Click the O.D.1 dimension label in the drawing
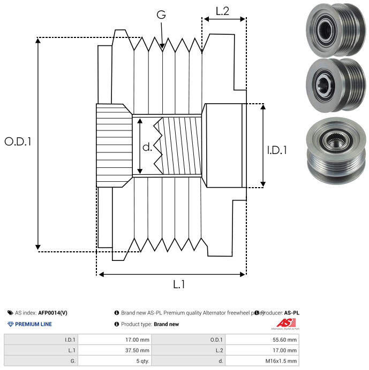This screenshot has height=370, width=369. tap(18, 142)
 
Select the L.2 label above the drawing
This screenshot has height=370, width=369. tap(222, 10)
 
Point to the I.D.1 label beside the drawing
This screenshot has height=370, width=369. tap(277, 151)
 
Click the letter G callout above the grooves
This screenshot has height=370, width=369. tap(161, 15)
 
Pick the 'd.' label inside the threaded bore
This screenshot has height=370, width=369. tap(147, 147)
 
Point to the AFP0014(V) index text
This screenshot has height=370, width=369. tap(53, 313)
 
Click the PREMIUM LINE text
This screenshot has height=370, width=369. tap(33, 324)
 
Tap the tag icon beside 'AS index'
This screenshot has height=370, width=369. tap(10, 313)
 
